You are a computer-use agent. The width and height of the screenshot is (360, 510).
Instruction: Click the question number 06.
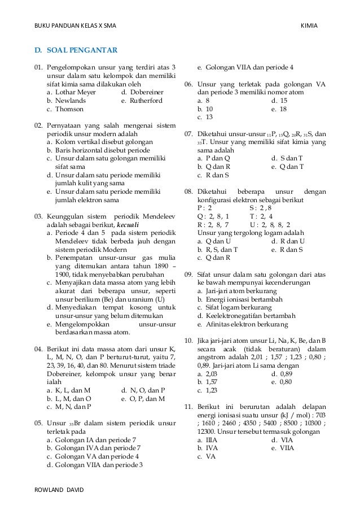(x=190, y=84)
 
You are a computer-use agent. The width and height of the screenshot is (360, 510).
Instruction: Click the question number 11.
(x=190, y=406)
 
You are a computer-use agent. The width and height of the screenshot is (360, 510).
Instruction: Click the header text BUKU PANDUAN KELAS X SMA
(x=75, y=11)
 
